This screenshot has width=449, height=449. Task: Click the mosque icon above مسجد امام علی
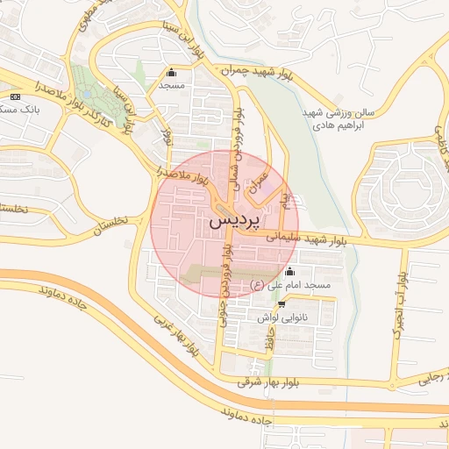click(x=290, y=271)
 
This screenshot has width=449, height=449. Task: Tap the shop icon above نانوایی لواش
click(x=281, y=304)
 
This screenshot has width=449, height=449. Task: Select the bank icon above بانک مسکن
click(x=15, y=96)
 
